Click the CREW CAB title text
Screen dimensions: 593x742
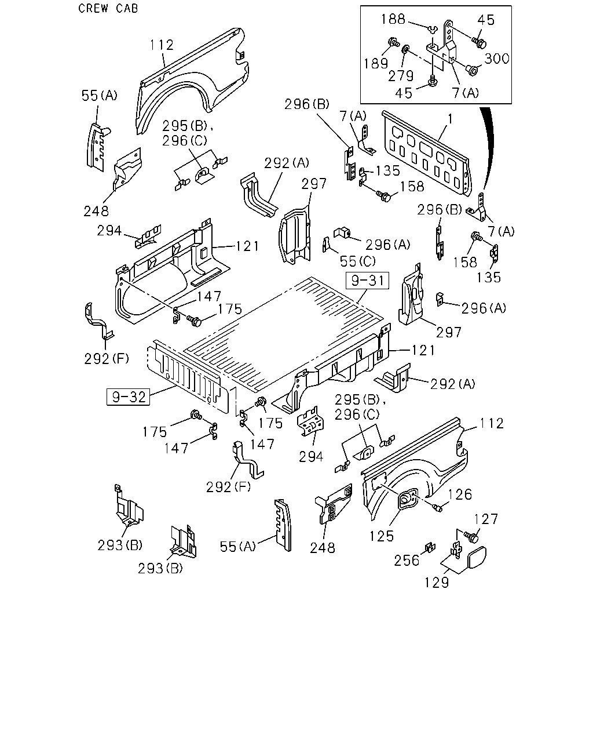point(108,8)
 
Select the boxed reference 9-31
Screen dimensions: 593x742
point(367,281)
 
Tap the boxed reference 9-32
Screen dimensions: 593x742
point(128,397)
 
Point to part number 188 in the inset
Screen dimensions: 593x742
point(393,19)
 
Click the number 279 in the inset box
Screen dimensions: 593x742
point(401,76)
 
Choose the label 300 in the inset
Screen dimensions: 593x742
point(496,59)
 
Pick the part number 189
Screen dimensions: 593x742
point(376,63)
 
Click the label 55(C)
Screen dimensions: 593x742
point(358,261)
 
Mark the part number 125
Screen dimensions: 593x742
point(382,536)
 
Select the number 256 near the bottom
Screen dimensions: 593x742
point(407,561)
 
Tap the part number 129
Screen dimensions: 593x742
point(436,583)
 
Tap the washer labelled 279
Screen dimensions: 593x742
point(406,49)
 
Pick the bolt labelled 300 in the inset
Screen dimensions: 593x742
point(472,70)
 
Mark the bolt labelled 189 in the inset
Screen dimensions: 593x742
point(393,42)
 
